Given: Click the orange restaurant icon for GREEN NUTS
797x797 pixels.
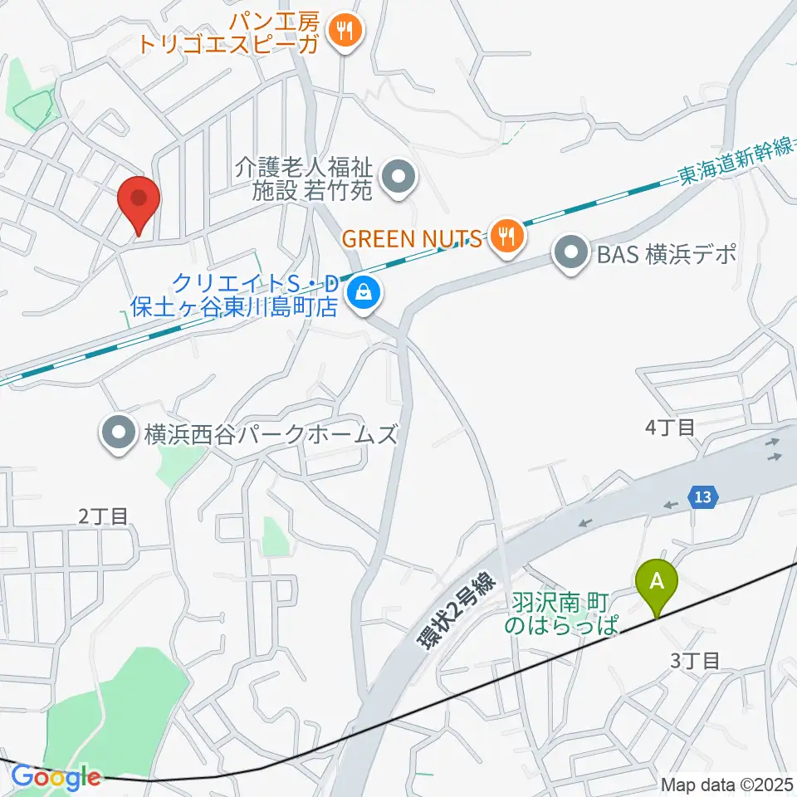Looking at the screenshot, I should (x=505, y=237).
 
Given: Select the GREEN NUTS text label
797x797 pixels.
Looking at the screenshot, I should (x=412, y=238).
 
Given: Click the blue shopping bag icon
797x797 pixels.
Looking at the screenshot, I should (x=362, y=292).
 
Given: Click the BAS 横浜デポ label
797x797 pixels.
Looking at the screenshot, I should (x=667, y=254).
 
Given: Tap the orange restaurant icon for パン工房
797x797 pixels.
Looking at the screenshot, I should (x=343, y=32).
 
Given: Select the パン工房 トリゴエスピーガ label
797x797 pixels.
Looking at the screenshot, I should (x=228, y=32).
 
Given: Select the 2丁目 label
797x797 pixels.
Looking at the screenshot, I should (x=105, y=516).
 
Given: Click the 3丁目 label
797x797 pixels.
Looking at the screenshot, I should (x=693, y=661).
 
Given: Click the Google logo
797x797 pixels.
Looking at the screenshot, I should (x=56, y=778).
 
